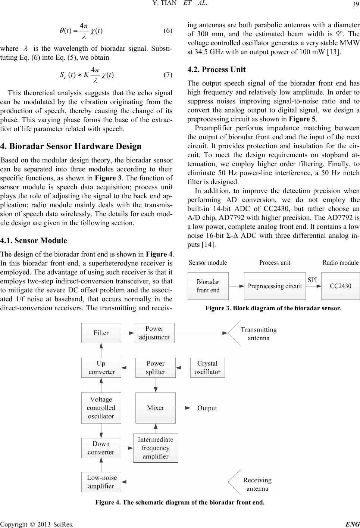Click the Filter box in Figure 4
(x=101, y=333)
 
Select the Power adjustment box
(x=154, y=333)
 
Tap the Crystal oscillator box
(x=207, y=367)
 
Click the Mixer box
(x=155, y=408)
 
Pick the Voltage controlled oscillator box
(x=101, y=408)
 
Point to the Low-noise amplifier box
(x=101, y=482)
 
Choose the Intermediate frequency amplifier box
(x=156, y=448)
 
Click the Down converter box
(x=101, y=448)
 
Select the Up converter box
(x=101, y=367)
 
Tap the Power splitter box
(x=155, y=367)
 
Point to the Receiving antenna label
(x=257, y=484)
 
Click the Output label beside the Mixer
(x=207, y=408)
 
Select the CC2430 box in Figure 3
(x=340, y=286)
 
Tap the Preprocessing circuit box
(x=275, y=286)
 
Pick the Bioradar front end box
(x=208, y=286)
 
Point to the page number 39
(x=354, y=4)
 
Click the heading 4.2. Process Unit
(x=215, y=69)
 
